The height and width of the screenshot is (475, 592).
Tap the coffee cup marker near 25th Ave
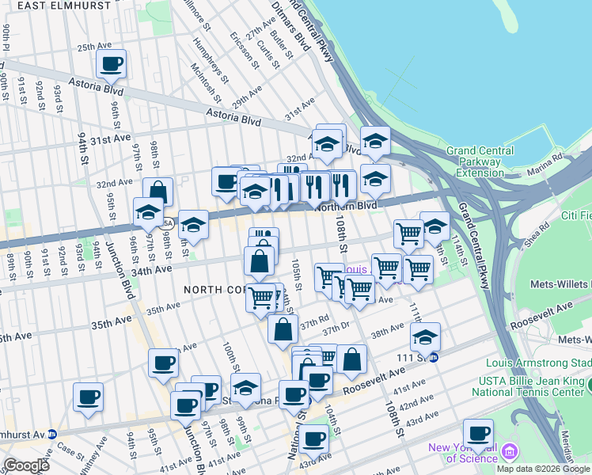pyautogui.click(x=111, y=64)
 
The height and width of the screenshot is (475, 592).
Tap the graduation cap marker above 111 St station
pyautogui.click(x=425, y=336)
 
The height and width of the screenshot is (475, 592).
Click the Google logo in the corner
pyautogui.click(x=25, y=465)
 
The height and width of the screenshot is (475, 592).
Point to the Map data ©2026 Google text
pyautogui.click(x=543, y=469)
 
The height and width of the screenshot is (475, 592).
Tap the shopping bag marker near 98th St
pyautogui.click(x=157, y=192)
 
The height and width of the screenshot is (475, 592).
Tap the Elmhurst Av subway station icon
pyautogui.click(x=51, y=434)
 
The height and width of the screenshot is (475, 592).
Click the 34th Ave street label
pyautogui.click(x=153, y=270)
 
